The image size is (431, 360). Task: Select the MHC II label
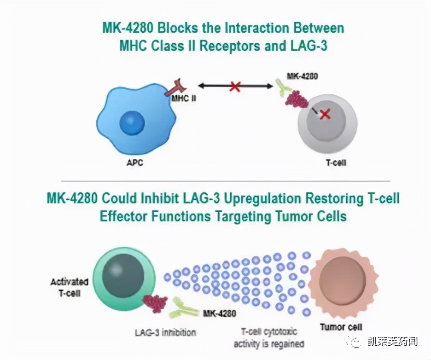[x=183, y=98]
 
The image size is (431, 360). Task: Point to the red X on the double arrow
[x=235, y=86]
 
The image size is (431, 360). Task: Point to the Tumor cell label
[x=341, y=327]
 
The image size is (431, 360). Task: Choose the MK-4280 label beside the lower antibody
[x=220, y=314]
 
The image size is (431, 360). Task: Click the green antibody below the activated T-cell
[x=184, y=309]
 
